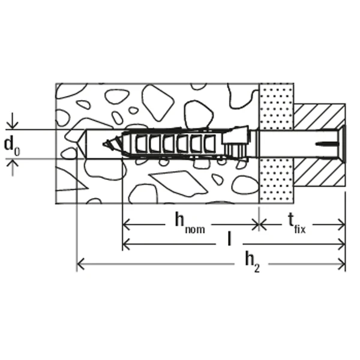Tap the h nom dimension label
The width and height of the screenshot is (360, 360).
tap(190, 223)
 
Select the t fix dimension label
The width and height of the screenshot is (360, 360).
tap(297, 223)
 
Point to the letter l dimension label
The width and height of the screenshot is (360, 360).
tap(229, 239)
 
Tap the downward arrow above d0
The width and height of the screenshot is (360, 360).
tap(12, 121)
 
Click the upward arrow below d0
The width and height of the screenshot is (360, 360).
tap(12, 168)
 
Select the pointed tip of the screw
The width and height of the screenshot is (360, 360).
tap(104, 144)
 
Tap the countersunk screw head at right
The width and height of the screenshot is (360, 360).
tap(341, 144)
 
